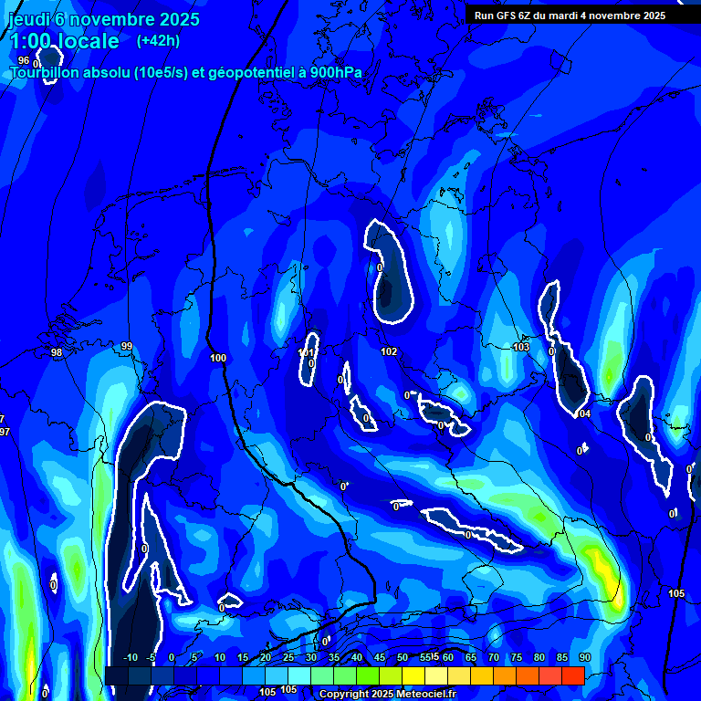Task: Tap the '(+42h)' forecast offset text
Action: click(158, 41)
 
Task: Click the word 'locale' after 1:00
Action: click(85, 41)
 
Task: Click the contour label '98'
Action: click(57, 352)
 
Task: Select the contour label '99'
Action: click(127, 346)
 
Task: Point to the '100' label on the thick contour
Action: click(217, 358)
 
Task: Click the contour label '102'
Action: click(389, 351)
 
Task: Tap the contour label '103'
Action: click(521, 347)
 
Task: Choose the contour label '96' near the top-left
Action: click(24, 60)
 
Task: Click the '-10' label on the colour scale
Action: click(130, 657)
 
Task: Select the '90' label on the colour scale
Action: click(585, 657)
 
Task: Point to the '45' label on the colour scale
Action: click(380, 657)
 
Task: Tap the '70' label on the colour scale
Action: click(494, 657)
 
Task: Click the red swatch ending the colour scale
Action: click(573, 675)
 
